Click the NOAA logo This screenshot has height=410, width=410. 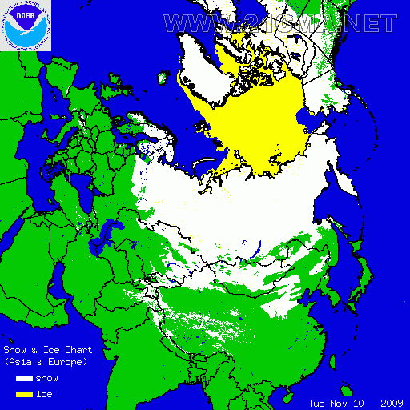tap(26, 26)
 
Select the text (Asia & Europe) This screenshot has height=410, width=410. tap(46, 362)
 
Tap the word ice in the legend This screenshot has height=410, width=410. tap(45, 394)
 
